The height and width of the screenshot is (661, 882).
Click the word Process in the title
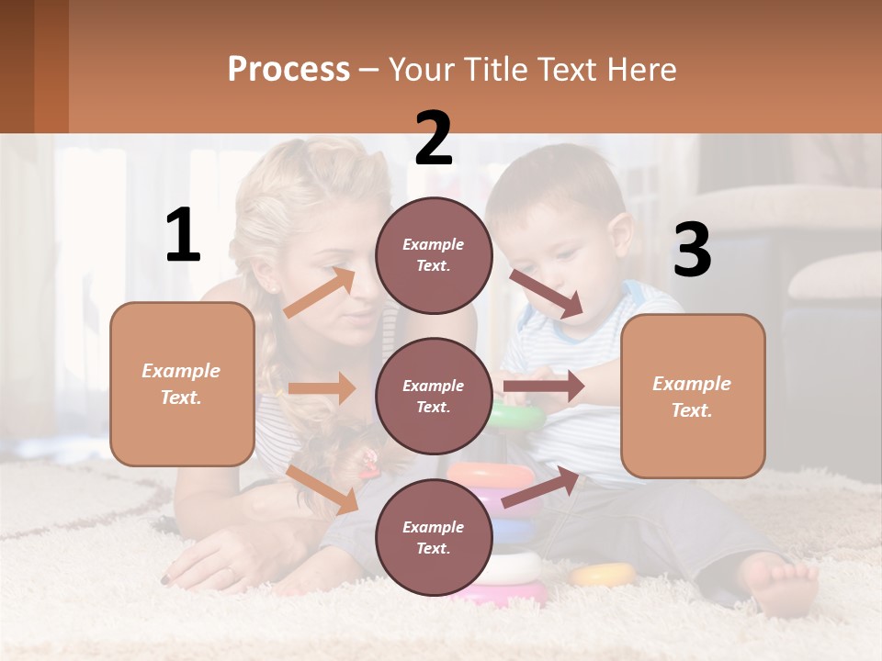pos(288,69)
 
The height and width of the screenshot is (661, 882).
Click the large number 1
pos(183,235)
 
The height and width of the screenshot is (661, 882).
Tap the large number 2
pos(434,139)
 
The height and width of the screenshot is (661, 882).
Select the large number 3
pos(692,251)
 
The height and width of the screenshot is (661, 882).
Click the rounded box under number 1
pos(182,384)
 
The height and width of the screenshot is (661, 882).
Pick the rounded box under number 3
pos(693,397)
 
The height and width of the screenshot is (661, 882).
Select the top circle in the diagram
pos(434,255)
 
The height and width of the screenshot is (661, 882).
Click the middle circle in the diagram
pos(434,397)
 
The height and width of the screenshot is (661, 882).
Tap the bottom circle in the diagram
pos(434,538)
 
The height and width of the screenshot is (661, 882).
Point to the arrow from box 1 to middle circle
pos(322,388)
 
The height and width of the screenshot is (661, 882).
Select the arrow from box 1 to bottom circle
pos(322,489)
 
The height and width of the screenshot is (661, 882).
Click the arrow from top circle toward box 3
pos(547,294)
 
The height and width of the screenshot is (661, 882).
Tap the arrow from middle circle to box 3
pos(544,387)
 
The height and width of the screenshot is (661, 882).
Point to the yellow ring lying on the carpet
pos(603,575)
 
